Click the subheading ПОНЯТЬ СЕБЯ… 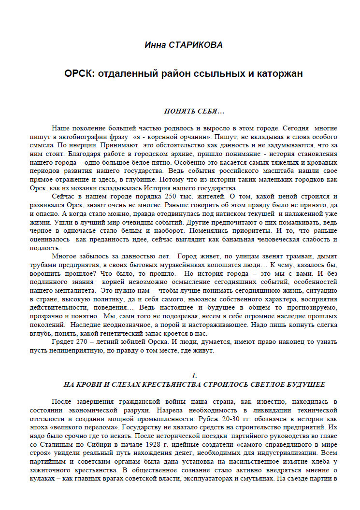pyautogui.click(x=194, y=112)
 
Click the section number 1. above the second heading pyautogui.click(x=194, y=376)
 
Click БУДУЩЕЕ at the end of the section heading pyautogui.click(x=303, y=385)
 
